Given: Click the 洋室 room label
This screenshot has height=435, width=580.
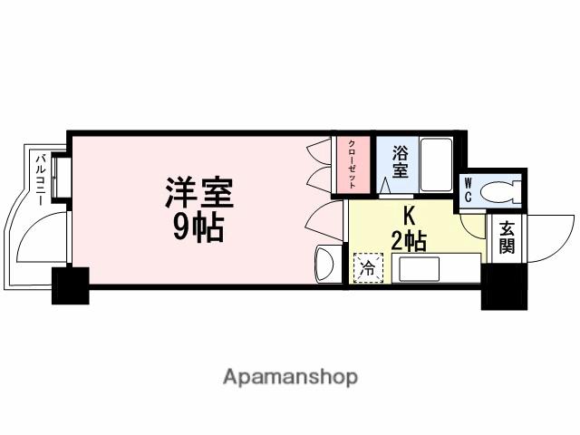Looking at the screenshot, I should click(x=198, y=194).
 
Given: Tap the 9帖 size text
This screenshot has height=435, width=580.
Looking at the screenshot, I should click(x=198, y=228).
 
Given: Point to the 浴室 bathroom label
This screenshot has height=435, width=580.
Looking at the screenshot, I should click(x=400, y=163).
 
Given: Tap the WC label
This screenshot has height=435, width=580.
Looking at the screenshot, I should click(x=469, y=191).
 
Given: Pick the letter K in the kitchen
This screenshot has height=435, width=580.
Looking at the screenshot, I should click(x=408, y=218).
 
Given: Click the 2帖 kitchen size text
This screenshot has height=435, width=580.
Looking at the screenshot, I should click(x=408, y=240).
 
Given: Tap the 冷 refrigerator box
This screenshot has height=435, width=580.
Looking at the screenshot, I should click(x=368, y=268).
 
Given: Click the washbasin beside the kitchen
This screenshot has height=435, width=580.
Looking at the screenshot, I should click(x=326, y=264).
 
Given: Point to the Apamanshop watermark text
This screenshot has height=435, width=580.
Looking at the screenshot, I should click(x=291, y=375).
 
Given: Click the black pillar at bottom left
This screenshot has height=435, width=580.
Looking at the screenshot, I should click(x=71, y=285).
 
